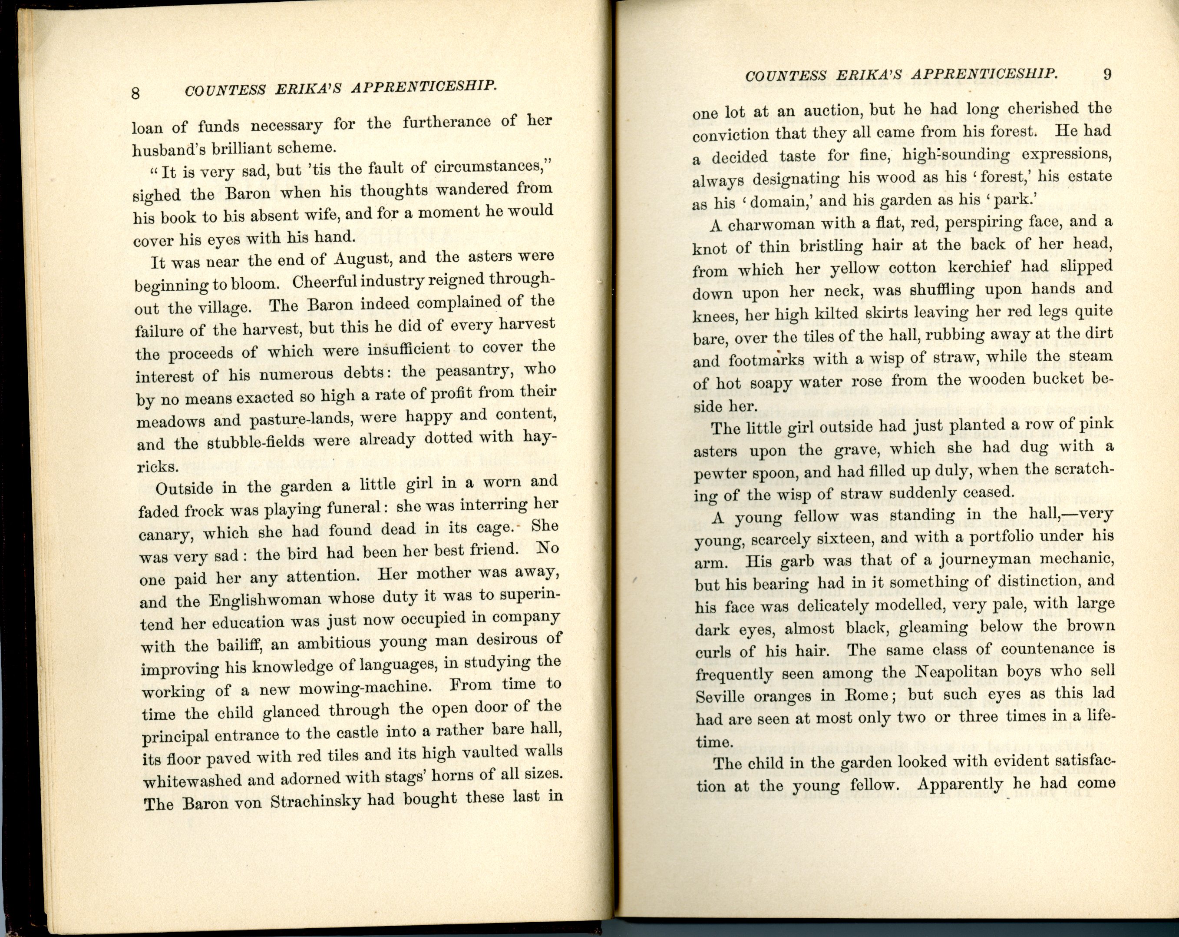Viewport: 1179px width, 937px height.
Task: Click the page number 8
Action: tap(135, 93)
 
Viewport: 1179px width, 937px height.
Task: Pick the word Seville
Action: tap(720, 697)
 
